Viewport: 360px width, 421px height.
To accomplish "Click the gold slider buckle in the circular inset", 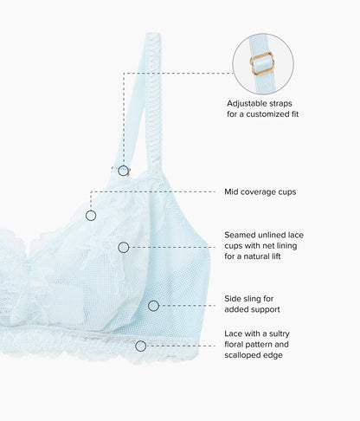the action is [x=261, y=63].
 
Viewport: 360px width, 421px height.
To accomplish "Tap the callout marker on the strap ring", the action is [x=124, y=171].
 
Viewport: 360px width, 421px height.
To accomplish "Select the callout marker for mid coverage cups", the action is [x=91, y=216].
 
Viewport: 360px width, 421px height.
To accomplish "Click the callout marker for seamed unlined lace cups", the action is [x=124, y=248].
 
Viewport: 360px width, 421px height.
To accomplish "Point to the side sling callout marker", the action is [x=153, y=306].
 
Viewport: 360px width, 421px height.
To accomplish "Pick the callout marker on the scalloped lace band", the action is [x=141, y=346].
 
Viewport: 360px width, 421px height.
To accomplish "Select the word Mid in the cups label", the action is [x=231, y=191].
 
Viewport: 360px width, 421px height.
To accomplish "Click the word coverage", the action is [x=255, y=192].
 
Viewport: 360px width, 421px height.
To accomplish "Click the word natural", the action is [x=254, y=256].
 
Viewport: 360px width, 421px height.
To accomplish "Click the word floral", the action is [x=234, y=345].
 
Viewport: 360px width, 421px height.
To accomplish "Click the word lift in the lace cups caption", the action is [x=275, y=256].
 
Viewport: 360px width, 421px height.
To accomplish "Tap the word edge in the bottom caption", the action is [x=273, y=355].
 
